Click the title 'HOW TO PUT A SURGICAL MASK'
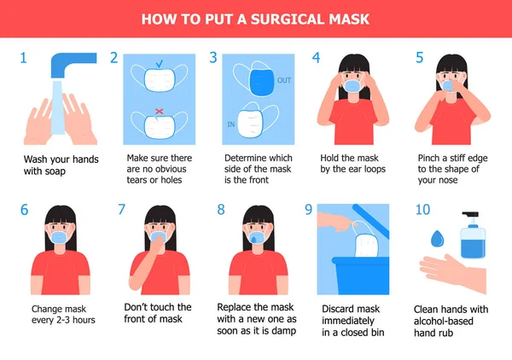[x=255, y=18]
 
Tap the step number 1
[x=24, y=58]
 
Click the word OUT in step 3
[x=284, y=82]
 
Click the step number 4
[x=317, y=58]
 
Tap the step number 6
[x=24, y=209]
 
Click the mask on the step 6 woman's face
[x=60, y=237]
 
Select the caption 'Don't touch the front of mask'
[x=158, y=313]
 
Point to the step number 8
[x=221, y=209]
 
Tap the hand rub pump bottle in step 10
[x=471, y=240]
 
